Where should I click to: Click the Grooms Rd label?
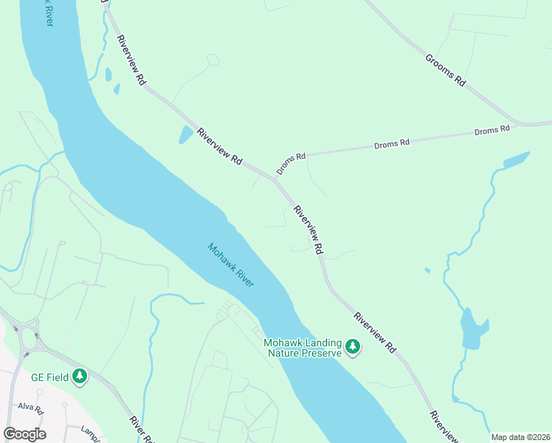[x=444, y=70]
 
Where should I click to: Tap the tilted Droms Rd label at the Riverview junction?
[x=291, y=164]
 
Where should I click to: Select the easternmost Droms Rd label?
[x=492, y=130]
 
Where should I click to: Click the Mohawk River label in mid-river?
[x=231, y=266]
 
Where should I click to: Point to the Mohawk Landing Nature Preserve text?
[x=303, y=348]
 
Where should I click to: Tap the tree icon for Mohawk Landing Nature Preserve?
[x=353, y=346]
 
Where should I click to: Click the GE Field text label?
[x=49, y=377]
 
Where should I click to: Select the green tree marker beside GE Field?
[x=80, y=377]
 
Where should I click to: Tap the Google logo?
[x=24, y=433]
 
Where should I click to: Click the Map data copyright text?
[x=520, y=437]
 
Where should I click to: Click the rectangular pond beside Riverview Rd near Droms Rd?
[x=184, y=134]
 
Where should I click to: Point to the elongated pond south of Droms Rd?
[x=515, y=159]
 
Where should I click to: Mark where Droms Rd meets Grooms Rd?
[x=518, y=124]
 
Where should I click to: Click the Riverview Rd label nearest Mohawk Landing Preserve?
[x=375, y=332]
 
